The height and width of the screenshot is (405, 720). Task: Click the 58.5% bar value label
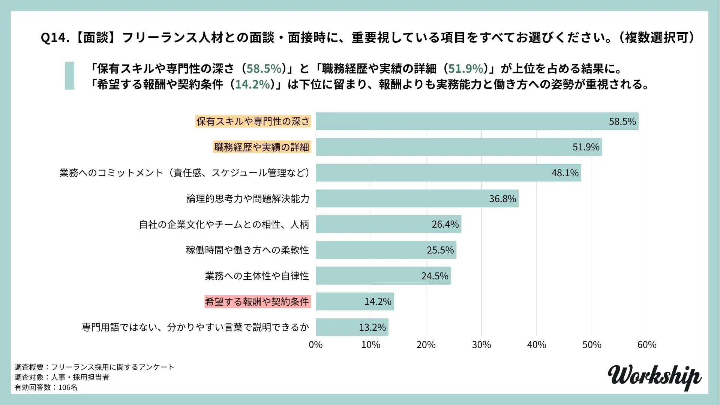pyautogui.click(x=622, y=121)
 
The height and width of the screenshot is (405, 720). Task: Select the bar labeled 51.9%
pyautogui.click(x=459, y=147)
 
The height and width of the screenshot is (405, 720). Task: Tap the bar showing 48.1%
pyautogui.click(x=448, y=173)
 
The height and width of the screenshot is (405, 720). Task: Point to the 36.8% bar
pyautogui.click(x=417, y=199)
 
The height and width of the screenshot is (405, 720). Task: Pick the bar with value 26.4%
pyautogui.click(x=388, y=224)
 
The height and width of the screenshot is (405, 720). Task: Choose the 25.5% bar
pyautogui.click(x=386, y=250)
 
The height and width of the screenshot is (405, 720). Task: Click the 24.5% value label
pyautogui.click(x=435, y=276)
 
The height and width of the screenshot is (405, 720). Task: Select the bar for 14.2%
pyautogui.click(x=355, y=301)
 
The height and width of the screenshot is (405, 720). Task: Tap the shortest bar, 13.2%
pyautogui.click(x=352, y=327)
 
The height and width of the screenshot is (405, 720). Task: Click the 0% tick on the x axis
pyautogui.click(x=316, y=345)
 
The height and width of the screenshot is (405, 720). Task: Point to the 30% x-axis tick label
pyautogui.click(x=481, y=345)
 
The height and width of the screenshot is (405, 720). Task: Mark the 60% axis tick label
pyautogui.click(x=647, y=345)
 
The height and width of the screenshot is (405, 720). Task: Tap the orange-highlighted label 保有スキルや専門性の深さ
pyautogui.click(x=253, y=121)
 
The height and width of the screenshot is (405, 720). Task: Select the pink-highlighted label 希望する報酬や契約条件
pyautogui.click(x=257, y=301)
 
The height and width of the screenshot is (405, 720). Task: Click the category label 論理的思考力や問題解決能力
pyautogui.click(x=248, y=199)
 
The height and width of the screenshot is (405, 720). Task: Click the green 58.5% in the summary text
pyautogui.click(x=264, y=69)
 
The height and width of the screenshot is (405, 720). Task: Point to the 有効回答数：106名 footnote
pyautogui.click(x=46, y=387)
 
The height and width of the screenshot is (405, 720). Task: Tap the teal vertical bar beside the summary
pyautogui.click(x=70, y=75)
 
